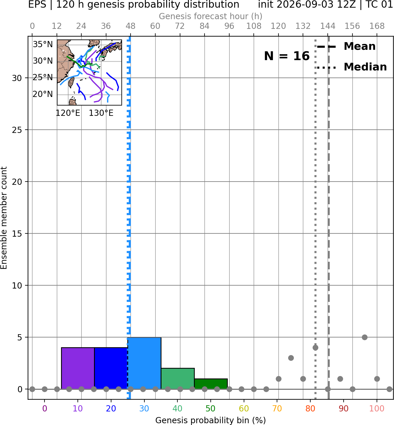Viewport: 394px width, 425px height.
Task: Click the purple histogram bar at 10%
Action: (78, 368)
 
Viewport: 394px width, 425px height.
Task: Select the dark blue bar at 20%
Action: (111, 368)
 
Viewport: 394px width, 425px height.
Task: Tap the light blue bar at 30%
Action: (144, 363)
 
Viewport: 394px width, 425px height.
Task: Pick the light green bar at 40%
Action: (178, 378)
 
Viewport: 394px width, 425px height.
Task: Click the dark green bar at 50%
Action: (211, 384)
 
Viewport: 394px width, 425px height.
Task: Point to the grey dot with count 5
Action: (365, 337)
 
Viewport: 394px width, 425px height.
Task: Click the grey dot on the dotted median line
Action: (315, 347)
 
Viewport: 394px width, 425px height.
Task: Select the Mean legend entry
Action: (346, 46)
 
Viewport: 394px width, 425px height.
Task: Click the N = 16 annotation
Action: (287, 56)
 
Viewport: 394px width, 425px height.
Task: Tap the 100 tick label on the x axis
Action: (377, 408)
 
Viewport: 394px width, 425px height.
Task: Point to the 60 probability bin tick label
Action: (244, 408)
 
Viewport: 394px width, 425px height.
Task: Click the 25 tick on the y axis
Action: (17, 130)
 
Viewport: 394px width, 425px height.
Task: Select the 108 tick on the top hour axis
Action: (254, 26)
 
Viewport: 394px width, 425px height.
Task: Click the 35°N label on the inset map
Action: (43, 44)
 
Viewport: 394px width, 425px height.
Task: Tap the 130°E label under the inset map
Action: (101, 113)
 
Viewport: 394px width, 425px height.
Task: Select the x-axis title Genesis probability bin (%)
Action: (211, 420)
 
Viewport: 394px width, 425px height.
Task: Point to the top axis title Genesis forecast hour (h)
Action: (211, 16)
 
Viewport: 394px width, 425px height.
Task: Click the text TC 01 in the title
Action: (380, 4)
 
